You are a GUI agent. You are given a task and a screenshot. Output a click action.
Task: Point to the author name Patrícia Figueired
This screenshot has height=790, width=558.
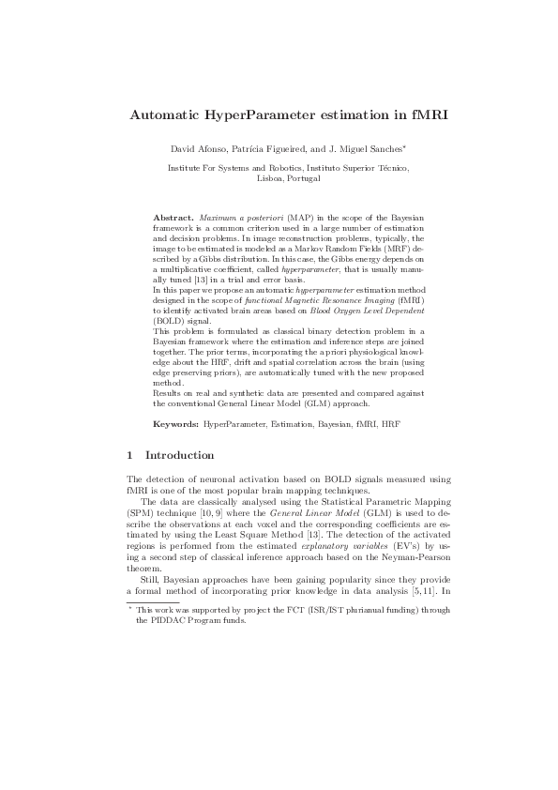[x=266, y=150]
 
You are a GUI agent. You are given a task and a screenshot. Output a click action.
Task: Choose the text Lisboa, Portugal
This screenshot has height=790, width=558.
[x=279, y=177]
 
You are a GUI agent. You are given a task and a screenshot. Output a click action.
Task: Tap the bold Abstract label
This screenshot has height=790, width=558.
[x=174, y=217]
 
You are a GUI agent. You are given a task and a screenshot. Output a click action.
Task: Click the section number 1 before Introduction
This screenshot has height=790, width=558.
[x=129, y=455]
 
